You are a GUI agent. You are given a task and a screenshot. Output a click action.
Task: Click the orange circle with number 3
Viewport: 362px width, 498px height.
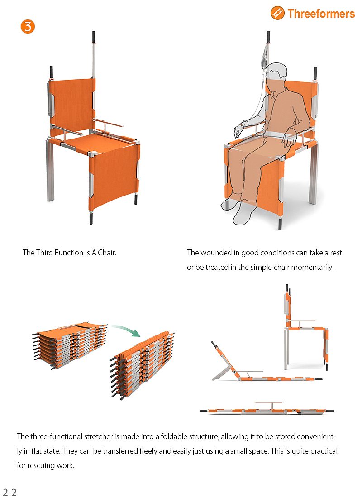click(x=28, y=26)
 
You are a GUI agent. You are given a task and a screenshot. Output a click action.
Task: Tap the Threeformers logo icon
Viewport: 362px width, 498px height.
click(x=277, y=13)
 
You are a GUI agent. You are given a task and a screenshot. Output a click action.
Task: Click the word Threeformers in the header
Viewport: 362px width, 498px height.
click(x=321, y=14)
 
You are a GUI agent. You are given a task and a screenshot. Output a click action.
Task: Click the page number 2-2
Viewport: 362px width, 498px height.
click(x=10, y=492)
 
